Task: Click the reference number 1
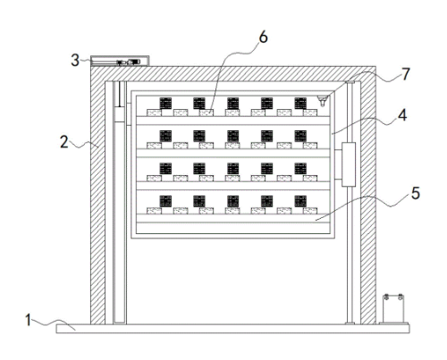(x=29, y=320)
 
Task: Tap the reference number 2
(x=64, y=142)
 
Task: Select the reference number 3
(x=75, y=60)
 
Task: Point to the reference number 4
(x=402, y=115)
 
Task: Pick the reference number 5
(x=416, y=193)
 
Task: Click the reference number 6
(x=263, y=38)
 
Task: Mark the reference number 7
(x=406, y=74)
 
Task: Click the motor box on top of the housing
(x=120, y=61)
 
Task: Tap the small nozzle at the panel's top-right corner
(x=322, y=101)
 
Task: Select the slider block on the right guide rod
(x=349, y=164)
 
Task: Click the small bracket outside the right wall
(x=393, y=309)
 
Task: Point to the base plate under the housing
(x=232, y=329)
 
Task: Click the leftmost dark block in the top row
(x=165, y=104)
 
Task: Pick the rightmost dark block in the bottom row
(x=300, y=201)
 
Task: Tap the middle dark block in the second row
(x=233, y=136)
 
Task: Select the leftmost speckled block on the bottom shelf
(x=154, y=211)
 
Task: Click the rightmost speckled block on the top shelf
(x=310, y=113)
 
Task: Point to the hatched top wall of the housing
(x=232, y=73)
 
